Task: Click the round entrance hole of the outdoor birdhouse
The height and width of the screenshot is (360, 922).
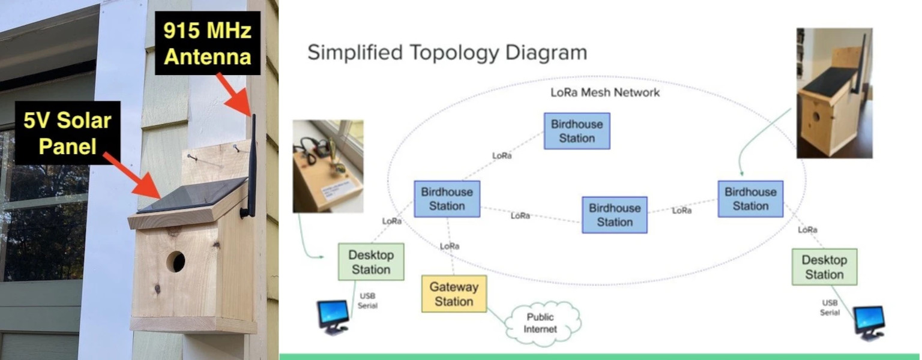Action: click(x=175, y=261)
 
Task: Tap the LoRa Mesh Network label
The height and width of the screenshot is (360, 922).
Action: click(x=605, y=92)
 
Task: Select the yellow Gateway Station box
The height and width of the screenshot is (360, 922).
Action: click(x=454, y=294)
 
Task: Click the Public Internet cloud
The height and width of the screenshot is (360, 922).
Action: click(x=541, y=323)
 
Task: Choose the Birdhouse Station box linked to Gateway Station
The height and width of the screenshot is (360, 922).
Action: click(x=447, y=199)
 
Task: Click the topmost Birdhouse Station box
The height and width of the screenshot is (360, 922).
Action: click(x=577, y=131)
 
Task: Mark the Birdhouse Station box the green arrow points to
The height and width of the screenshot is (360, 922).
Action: click(x=750, y=199)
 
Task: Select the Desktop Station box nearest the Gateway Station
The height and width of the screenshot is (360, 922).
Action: click(x=371, y=262)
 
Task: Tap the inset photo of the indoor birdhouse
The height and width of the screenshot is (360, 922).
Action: click(x=834, y=93)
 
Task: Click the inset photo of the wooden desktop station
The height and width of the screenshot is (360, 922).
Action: click(x=328, y=166)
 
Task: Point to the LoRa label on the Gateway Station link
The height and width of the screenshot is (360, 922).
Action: click(x=450, y=246)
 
